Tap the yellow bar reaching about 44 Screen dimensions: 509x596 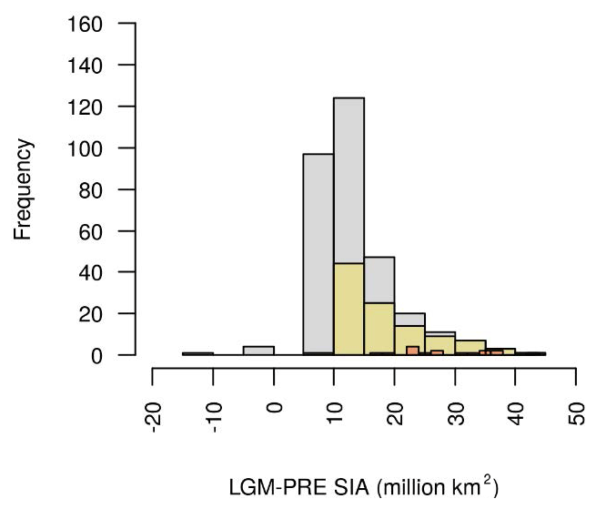click(x=349, y=310)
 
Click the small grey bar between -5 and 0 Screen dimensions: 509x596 click(x=258, y=351)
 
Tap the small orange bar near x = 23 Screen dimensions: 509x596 click(x=412, y=351)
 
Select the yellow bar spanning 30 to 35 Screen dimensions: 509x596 click(x=470, y=347)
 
